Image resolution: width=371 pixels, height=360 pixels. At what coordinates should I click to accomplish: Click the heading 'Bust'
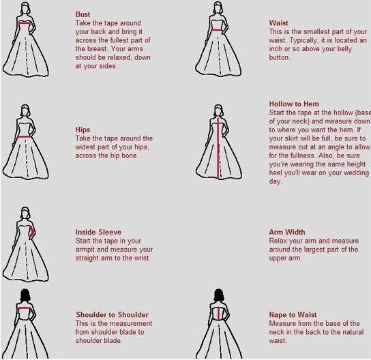(x=83, y=14)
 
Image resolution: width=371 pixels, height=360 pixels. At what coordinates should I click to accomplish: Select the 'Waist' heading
(x=278, y=23)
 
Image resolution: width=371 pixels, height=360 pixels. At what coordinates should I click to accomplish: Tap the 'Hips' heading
(x=83, y=130)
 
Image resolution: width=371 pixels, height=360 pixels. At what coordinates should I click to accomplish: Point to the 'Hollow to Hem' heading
(x=294, y=104)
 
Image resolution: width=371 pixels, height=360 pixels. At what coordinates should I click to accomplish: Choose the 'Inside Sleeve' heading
(x=98, y=232)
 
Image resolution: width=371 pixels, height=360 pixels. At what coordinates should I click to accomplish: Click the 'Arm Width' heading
(x=287, y=232)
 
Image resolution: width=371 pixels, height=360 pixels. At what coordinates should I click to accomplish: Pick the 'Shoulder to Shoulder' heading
(x=112, y=314)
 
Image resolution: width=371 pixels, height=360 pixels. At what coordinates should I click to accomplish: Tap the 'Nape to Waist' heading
(x=293, y=314)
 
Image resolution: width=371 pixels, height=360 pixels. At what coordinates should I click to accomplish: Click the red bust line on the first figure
(x=25, y=22)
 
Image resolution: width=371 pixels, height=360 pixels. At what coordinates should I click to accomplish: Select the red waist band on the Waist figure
(x=216, y=30)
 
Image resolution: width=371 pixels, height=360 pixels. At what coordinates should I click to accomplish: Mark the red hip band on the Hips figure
(x=23, y=136)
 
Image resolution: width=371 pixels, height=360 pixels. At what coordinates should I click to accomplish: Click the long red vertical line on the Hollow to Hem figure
(x=218, y=148)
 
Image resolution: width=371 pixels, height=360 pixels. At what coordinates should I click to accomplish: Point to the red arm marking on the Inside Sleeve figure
(x=31, y=232)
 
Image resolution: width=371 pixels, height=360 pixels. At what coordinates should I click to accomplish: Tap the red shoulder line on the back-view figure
(x=25, y=308)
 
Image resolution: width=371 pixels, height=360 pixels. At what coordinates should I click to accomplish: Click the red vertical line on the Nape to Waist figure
(x=219, y=313)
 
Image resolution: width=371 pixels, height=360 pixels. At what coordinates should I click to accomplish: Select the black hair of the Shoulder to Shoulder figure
(x=25, y=295)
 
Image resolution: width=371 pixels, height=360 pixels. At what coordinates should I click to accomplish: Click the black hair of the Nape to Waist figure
(x=219, y=295)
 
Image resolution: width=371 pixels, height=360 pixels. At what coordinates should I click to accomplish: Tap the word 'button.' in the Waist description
(x=280, y=57)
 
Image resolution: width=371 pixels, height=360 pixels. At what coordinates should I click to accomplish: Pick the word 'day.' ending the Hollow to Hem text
(x=276, y=181)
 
